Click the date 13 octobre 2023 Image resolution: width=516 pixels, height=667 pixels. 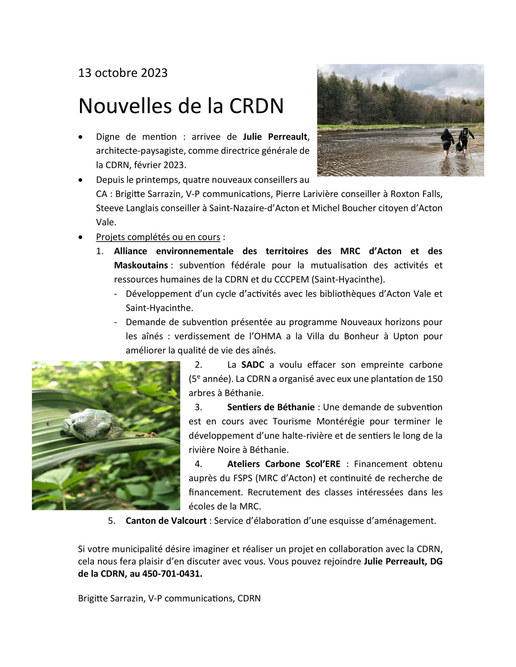pos(123,73)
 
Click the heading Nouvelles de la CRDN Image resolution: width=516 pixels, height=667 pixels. pos(181,106)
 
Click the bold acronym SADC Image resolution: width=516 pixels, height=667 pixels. pos(252,365)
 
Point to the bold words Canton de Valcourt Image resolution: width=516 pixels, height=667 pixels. pos(166,521)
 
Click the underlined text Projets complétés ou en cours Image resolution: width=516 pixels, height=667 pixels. pos(158,237)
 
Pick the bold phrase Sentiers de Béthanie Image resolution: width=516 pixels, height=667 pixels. pos(272,407)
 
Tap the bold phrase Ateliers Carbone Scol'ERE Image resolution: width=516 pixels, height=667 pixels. pos(283,464)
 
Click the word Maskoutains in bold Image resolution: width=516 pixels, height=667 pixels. pos(141,265)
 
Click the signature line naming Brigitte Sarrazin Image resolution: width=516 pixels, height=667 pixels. pos(169,598)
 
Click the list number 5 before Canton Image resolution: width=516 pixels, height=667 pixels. pos(112,521)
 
